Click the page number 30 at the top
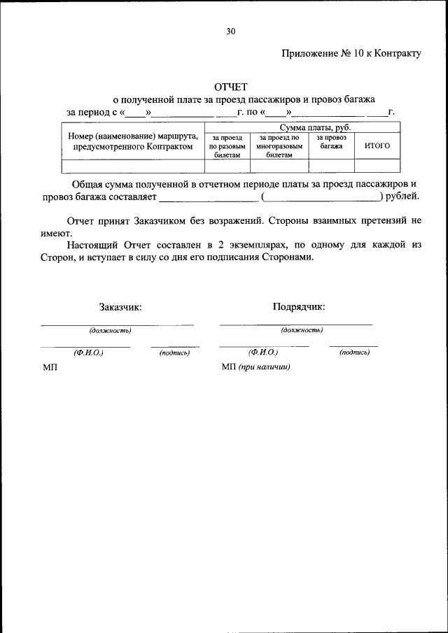(x=231, y=31)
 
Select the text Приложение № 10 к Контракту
(x=351, y=54)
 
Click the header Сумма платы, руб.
(x=315, y=128)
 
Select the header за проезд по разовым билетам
(x=227, y=146)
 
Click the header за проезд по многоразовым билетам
(x=279, y=146)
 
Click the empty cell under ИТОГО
(x=377, y=166)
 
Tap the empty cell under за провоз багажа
(x=332, y=166)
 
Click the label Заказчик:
(x=120, y=306)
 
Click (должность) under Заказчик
(x=110, y=329)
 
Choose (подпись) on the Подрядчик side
(x=354, y=353)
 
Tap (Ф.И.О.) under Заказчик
(x=88, y=353)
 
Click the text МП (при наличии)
(x=255, y=367)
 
